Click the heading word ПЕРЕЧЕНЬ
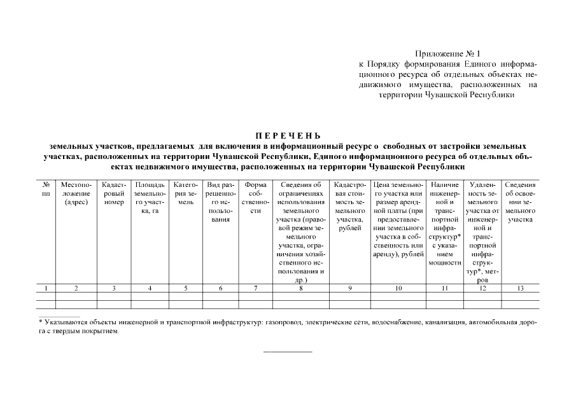click(288, 135)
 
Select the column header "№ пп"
click(46, 189)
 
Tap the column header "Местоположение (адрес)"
click(76, 193)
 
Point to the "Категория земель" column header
click(186, 189)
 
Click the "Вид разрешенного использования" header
click(220, 202)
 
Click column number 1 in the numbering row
click(46, 289)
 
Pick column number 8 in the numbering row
click(301, 289)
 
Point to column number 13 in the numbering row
click(520, 289)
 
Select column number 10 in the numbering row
click(398, 289)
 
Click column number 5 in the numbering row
click(186, 289)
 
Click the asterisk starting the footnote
click(40, 322)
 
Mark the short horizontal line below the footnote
click(288, 352)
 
